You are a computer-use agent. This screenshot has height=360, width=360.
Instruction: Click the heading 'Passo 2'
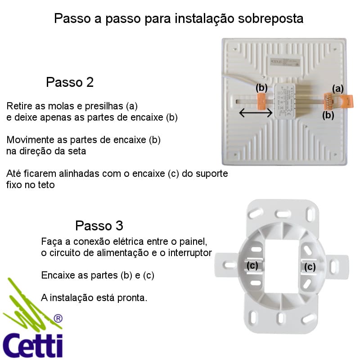70,82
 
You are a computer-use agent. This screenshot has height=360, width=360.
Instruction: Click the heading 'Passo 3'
99,225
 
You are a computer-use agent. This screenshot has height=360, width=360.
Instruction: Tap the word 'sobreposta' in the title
271,18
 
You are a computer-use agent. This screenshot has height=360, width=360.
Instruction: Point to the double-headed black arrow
256,113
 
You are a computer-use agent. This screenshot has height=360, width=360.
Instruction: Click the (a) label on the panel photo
338,89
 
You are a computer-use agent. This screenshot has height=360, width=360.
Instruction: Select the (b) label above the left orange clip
261,88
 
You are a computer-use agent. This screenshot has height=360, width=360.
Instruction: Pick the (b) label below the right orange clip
328,115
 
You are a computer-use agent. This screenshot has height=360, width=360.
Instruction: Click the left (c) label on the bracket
252,265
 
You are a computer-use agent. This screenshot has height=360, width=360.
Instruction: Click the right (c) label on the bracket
310,267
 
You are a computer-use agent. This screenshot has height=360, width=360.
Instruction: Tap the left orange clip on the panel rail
261,101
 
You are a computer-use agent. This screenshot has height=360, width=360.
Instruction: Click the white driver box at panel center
285,101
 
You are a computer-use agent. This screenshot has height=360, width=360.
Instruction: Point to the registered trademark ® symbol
58,319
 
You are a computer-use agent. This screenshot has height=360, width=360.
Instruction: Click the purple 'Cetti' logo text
32,345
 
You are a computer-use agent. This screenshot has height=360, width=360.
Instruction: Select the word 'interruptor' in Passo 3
190,253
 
